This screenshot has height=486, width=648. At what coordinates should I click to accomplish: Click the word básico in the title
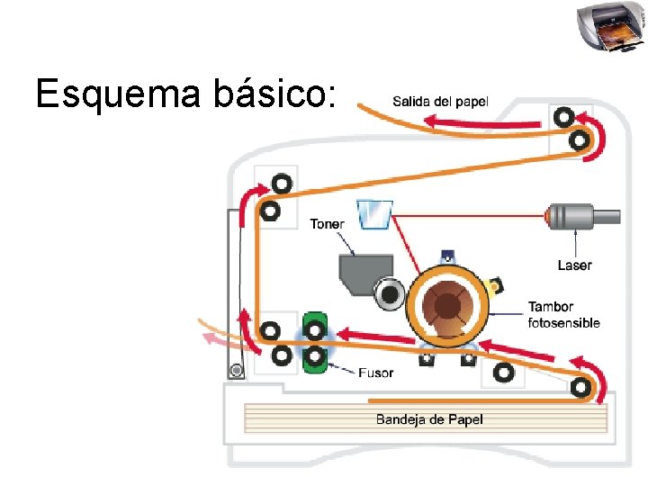coord(269,94)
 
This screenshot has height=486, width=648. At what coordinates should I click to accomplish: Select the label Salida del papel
coord(439,101)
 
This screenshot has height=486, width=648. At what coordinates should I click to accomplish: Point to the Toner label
coord(327,223)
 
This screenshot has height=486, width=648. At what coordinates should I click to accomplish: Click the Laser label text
coord(574,265)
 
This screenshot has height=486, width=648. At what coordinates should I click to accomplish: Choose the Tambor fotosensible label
coord(563,314)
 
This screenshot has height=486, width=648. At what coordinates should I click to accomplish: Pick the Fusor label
coord(375,372)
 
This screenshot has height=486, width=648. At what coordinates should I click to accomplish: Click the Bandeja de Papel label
coord(429,418)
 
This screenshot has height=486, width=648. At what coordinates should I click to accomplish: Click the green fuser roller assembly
coord(315,342)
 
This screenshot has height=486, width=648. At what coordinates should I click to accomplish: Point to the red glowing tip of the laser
coord(549,216)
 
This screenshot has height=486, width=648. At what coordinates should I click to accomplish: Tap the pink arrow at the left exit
coord(214,339)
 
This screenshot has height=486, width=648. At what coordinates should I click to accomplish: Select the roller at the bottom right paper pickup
coord(581,386)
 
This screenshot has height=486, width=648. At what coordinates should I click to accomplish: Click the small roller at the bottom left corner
coord(237,370)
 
